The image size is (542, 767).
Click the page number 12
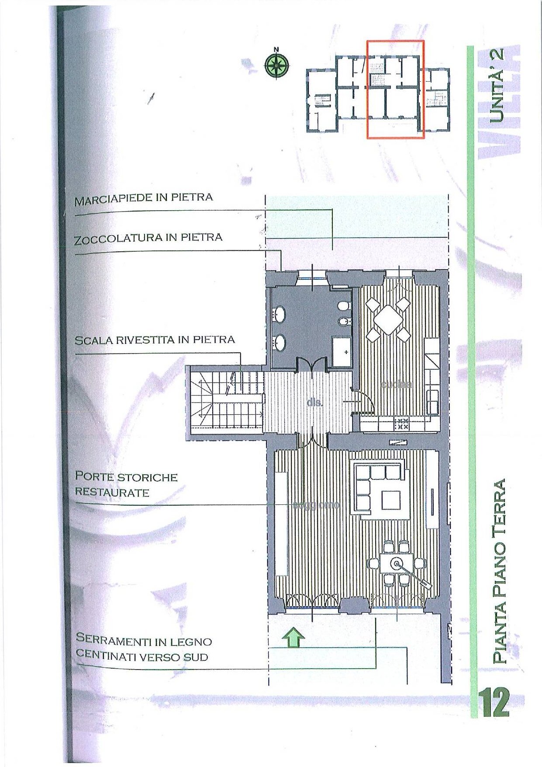495,702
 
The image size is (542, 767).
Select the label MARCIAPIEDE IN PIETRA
144,199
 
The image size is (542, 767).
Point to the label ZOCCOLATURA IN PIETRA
148,239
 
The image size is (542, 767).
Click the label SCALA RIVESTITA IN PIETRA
155,340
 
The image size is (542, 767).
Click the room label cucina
396,385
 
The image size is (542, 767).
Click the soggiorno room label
316,505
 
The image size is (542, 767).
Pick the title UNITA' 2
497,85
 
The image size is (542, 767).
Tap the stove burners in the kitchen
401,423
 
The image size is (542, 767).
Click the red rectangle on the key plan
395,89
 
